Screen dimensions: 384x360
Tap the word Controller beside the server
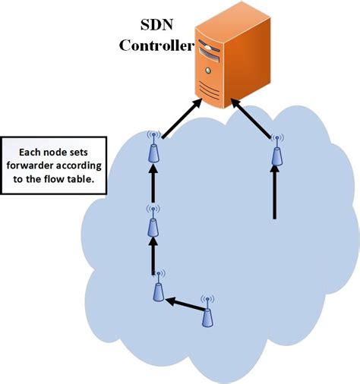(155, 46)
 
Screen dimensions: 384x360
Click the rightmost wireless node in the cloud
(277, 153)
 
